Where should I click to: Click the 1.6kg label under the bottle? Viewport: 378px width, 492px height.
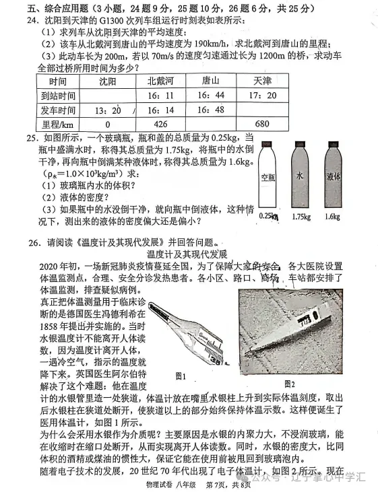(333, 216)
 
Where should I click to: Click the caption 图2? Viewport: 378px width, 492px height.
(290, 383)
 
